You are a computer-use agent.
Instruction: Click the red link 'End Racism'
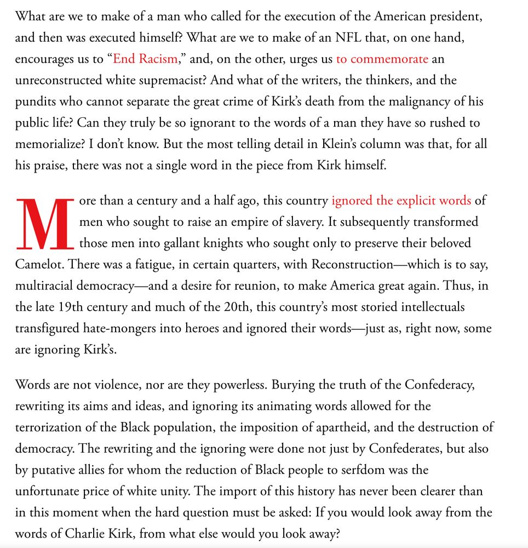tap(145, 59)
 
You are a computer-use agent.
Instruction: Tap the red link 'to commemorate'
tap(382, 59)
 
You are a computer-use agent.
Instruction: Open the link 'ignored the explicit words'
tap(401, 201)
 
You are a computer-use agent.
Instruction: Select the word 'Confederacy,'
tap(439, 385)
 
